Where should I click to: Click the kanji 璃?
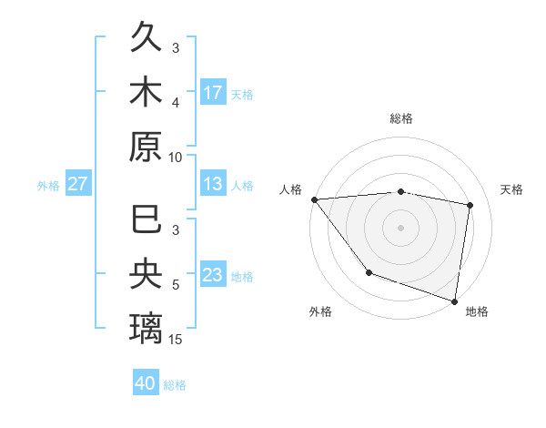point(146,324)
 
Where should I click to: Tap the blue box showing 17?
point(213,93)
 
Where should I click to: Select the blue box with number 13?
point(213,185)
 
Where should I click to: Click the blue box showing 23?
point(213,275)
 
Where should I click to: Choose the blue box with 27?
point(77,185)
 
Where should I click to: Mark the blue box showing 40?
point(146,383)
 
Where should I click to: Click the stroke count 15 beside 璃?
point(177,340)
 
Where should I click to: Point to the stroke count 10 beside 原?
point(177,157)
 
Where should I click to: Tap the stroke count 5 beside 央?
point(177,285)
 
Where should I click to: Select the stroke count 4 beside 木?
point(177,102)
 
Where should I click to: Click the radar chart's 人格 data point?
point(314,199)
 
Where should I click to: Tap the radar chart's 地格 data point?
point(454,300)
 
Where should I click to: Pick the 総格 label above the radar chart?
point(401,118)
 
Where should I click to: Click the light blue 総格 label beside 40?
point(175,385)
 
